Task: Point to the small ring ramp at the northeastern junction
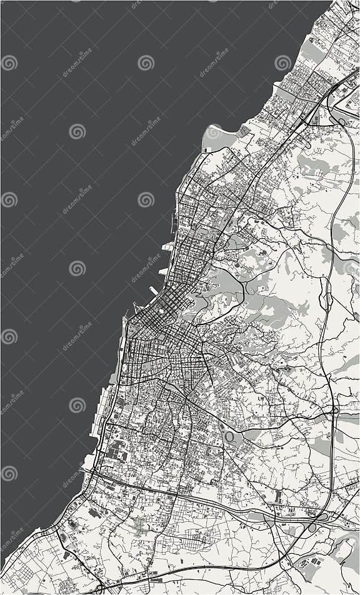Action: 341,121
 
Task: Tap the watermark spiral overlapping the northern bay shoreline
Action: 214,132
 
